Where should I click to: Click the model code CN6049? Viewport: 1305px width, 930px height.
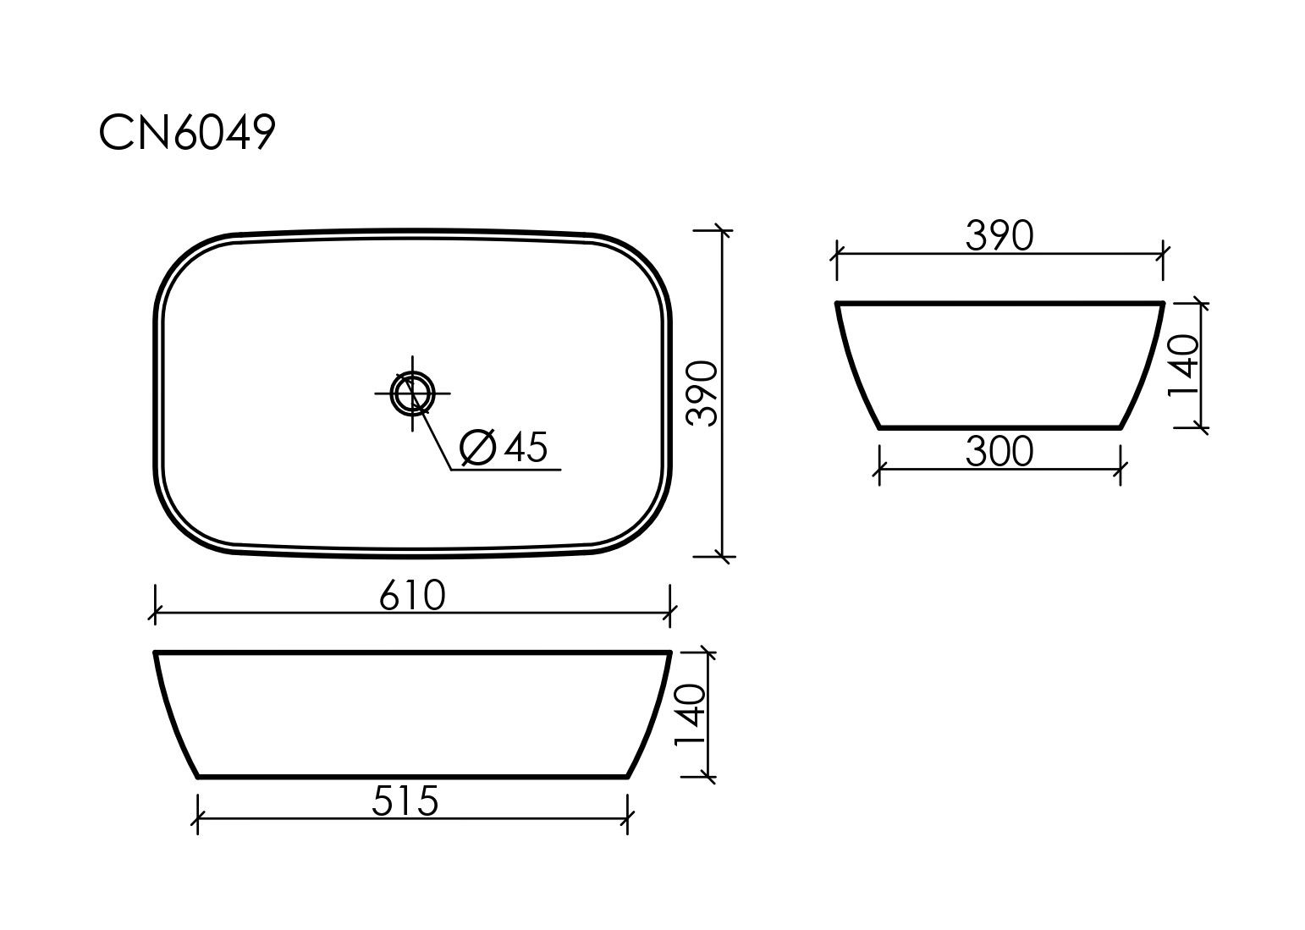click(x=187, y=132)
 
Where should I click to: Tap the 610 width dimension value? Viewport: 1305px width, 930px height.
click(x=412, y=595)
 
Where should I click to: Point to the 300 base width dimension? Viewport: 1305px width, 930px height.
click(x=999, y=452)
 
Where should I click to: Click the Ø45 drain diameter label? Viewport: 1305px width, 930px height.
click(x=504, y=448)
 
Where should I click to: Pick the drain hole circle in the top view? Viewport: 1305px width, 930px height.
click(x=412, y=393)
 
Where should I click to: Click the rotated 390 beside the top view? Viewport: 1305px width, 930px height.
click(x=702, y=393)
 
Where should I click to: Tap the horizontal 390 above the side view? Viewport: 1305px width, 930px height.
click(x=999, y=236)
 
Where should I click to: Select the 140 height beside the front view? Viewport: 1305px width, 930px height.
click(x=690, y=715)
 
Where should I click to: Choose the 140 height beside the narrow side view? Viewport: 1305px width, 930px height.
click(x=1184, y=366)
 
